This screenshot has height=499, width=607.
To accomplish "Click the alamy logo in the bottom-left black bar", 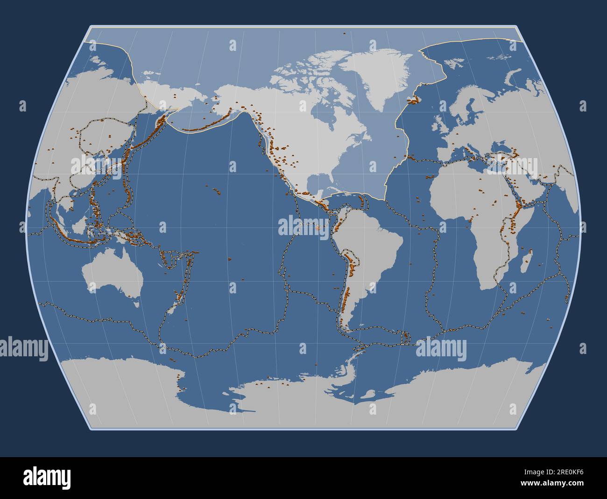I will click(47, 477).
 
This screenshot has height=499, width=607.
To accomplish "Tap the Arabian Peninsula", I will click(537, 189).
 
